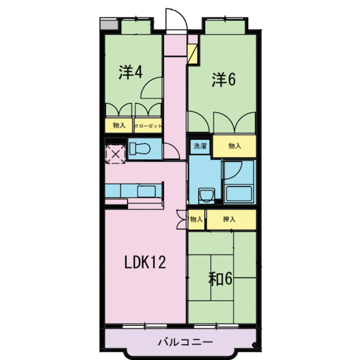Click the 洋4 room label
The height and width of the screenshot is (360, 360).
click(x=130, y=72)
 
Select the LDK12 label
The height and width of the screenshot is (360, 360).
click(x=145, y=262)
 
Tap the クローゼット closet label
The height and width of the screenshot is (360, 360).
click(x=148, y=126)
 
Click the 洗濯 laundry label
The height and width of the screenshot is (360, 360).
click(x=200, y=146)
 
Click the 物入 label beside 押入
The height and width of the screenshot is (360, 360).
click(x=197, y=220)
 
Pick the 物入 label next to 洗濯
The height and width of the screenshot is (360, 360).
click(x=234, y=146)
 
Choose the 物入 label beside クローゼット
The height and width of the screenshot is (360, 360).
click(x=118, y=126)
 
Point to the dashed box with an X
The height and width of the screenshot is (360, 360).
click(x=116, y=154)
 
